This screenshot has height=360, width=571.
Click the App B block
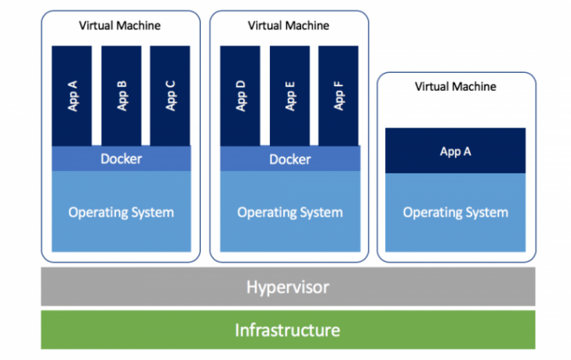click(x=122, y=95)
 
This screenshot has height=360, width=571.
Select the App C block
click(x=170, y=95)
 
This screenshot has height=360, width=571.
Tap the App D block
click(x=241, y=95)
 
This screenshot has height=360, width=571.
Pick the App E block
click(x=290, y=95)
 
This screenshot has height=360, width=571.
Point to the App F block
click(x=339, y=95)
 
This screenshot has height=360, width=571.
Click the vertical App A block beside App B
click(x=73, y=95)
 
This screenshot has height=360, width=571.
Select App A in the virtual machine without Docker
click(x=455, y=151)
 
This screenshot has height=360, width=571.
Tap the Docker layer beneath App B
click(x=121, y=159)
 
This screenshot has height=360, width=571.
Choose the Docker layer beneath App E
click(x=289, y=159)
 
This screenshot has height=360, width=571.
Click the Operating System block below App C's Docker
click(x=121, y=212)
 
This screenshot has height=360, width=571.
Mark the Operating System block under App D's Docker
click(x=289, y=212)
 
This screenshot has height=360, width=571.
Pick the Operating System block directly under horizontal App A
click(x=455, y=212)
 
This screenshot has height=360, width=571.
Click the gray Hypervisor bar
click(x=288, y=287)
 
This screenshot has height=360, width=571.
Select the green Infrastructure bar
click(x=288, y=329)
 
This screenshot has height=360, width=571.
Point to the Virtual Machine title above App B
click(x=119, y=25)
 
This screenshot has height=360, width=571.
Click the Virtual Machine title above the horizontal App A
click(x=455, y=86)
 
